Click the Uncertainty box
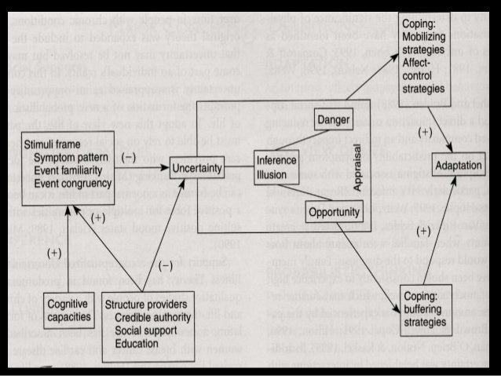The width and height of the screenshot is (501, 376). (198, 167)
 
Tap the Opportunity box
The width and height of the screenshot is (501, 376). (334, 211)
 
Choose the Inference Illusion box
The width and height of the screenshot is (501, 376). (276, 167)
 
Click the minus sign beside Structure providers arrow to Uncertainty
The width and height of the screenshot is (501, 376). (166, 265)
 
